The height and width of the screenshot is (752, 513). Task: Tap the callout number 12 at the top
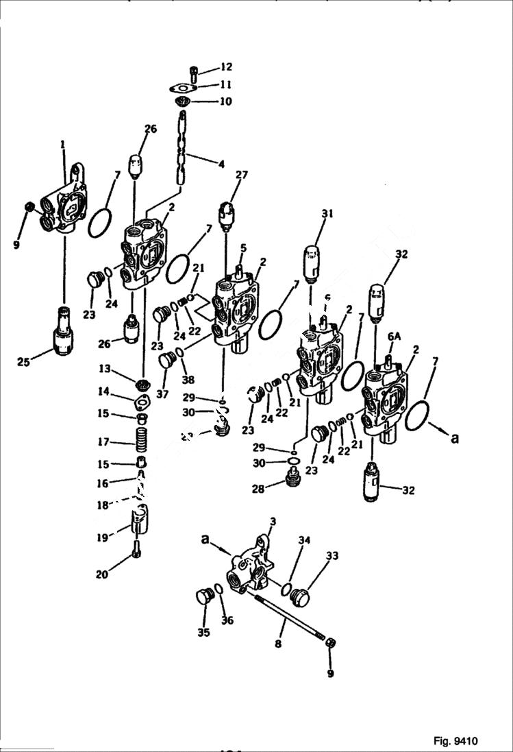point(225,67)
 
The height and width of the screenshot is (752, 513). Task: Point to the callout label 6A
point(394,337)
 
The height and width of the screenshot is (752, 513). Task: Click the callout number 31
point(327,214)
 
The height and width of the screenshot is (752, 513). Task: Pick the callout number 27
point(240,176)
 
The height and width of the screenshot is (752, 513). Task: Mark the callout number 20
point(101,574)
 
